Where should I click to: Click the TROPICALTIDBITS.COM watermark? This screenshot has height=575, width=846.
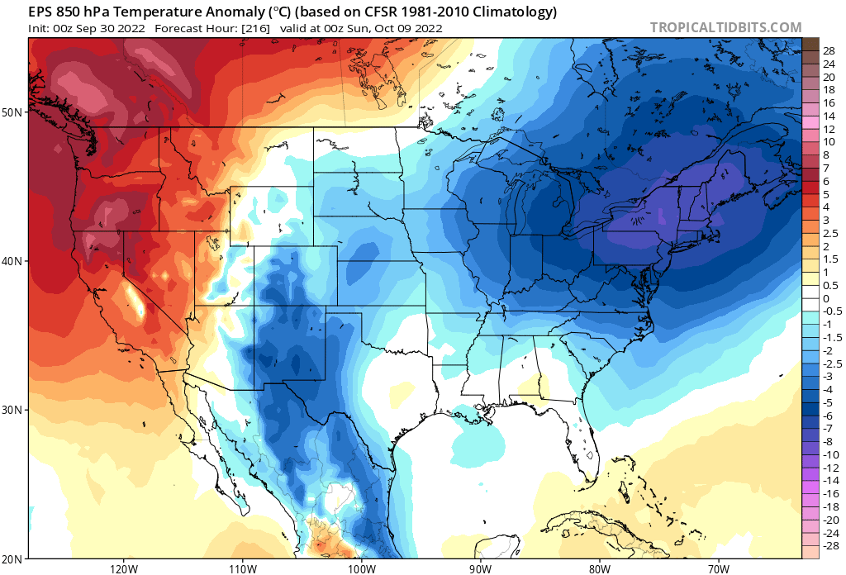(x=725, y=27)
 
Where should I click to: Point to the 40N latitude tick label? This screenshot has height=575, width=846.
(x=14, y=261)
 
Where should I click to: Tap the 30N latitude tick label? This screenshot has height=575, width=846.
(x=14, y=410)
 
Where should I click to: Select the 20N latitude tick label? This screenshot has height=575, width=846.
(x=14, y=558)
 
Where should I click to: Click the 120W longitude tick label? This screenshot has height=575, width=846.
(x=123, y=568)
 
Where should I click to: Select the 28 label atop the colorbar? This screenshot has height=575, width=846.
(x=829, y=50)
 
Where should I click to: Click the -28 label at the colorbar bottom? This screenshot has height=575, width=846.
(x=831, y=546)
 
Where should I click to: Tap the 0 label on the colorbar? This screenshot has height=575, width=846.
(x=826, y=298)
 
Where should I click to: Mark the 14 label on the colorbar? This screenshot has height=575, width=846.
(x=829, y=116)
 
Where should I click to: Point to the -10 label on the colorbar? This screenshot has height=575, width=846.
(x=831, y=454)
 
